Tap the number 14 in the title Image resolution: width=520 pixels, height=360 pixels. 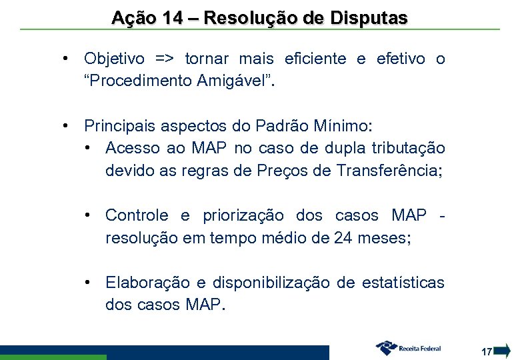[173, 18]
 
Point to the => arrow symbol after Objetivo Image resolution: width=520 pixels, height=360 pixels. [164, 59]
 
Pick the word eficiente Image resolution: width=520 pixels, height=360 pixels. [315, 59]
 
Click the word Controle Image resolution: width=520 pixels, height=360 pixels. [137, 215]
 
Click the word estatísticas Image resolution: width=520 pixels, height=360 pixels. [403, 283]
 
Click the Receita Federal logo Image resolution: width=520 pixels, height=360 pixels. [409, 347]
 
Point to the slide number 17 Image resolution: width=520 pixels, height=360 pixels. [486, 351]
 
